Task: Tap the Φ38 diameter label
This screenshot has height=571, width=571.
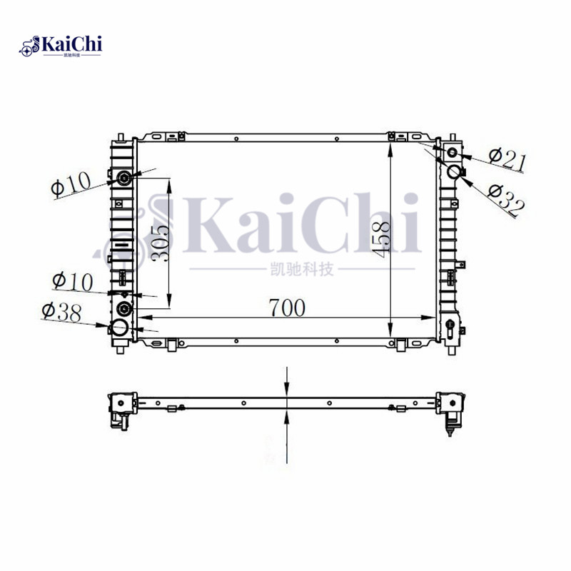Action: tap(61, 311)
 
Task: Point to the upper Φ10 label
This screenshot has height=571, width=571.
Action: tap(71, 185)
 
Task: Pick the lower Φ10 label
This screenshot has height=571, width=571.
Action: tap(72, 282)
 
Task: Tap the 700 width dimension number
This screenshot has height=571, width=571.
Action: tap(286, 308)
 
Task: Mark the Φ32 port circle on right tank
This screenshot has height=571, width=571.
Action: tap(454, 171)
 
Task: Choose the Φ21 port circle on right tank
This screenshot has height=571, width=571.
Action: tap(452, 153)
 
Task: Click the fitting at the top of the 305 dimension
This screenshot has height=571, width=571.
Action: tap(124, 178)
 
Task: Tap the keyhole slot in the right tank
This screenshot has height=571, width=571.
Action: tap(452, 329)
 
